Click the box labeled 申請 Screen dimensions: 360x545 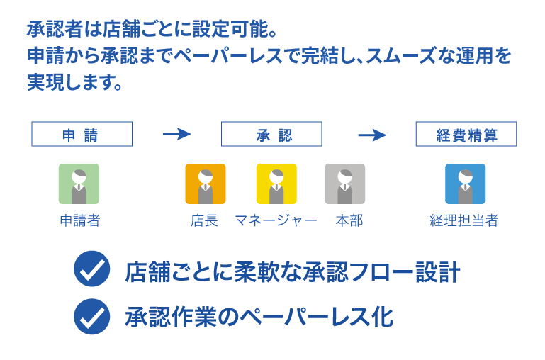pos(82,135)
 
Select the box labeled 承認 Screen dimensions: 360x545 pos(271,135)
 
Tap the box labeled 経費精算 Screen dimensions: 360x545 pos(466,135)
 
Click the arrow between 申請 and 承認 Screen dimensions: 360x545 pos(176,135)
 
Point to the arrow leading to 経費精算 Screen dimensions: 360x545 pos(371,135)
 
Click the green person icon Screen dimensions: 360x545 pos(79,184)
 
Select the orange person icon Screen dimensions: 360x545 pos(205,184)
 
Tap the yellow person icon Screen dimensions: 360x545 pos(276,184)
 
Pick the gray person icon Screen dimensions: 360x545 pos(344,184)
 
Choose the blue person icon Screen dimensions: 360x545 pos(465,184)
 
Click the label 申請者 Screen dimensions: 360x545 pos(79,221)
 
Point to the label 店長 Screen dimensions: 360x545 pos(204,221)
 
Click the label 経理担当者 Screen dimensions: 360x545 pos(464,221)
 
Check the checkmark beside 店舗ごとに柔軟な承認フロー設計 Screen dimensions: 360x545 pos(91,271)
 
